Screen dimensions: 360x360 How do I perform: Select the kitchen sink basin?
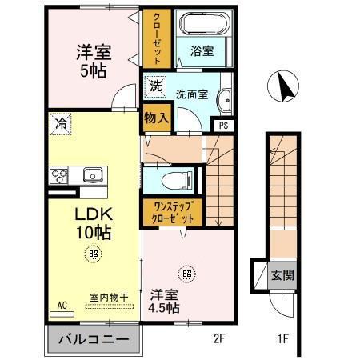point(90,174)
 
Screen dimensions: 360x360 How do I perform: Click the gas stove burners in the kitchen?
point(59,175)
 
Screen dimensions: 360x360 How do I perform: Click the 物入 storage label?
point(156,117)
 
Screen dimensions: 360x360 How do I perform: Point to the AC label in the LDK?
point(62,305)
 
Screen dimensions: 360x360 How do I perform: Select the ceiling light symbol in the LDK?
point(94,255)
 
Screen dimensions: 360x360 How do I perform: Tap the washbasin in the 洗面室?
point(225,100)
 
